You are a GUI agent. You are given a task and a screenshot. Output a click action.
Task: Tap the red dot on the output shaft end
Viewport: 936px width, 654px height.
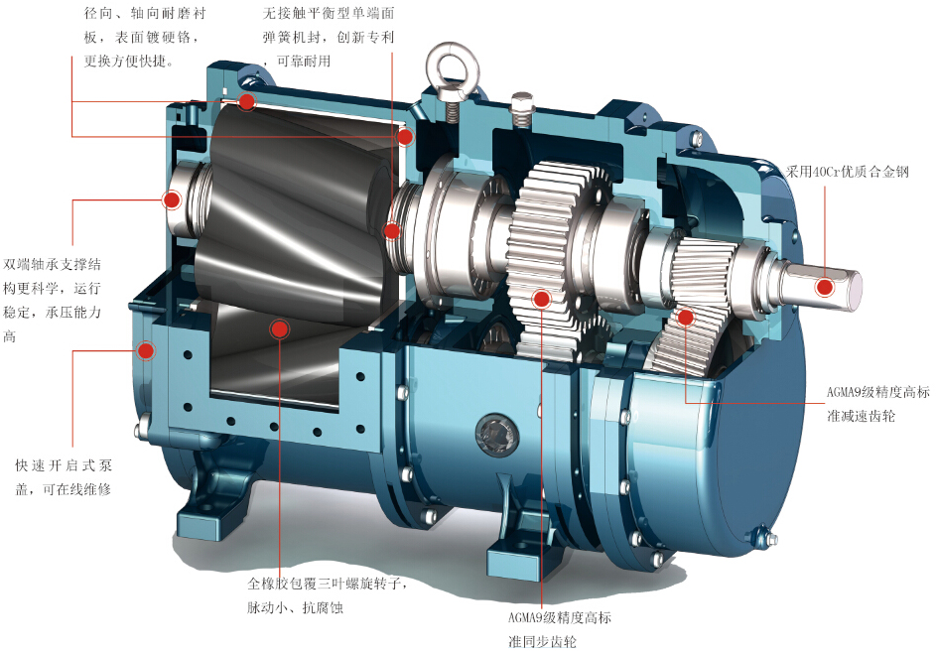[x=825, y=288]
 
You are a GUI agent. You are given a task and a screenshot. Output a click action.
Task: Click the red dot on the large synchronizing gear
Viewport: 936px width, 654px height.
[x=541, y=299]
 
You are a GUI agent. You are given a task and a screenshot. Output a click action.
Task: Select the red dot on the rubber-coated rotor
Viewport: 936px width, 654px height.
[x=279, y=328]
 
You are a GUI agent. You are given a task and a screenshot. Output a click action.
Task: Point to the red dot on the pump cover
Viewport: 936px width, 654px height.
[x=146, y=350]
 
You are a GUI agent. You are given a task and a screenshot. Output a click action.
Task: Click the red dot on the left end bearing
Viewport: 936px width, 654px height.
[x=172, y=199]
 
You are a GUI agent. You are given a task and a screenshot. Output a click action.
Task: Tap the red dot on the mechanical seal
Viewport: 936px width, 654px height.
[x=392, y=230]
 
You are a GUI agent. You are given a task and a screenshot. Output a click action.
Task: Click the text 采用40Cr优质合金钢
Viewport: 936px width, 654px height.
[x=847, y=172]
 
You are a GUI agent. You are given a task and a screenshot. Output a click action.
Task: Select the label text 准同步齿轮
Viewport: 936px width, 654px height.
[x=543, y=642]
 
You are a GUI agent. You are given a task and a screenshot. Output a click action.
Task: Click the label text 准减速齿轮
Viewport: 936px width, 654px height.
[x=861, y=416]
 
